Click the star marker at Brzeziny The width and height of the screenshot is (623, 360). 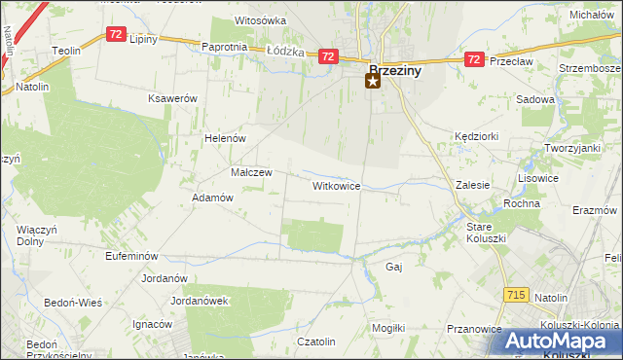373,82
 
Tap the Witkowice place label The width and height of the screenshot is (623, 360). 337,185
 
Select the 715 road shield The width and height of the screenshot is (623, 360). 517,294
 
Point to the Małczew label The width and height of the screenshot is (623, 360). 250,172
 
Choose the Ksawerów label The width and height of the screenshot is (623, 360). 172,99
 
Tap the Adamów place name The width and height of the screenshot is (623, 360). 213,198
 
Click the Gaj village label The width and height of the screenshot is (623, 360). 394,267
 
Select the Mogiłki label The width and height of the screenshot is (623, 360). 387,328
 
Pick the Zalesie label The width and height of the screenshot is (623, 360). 472,185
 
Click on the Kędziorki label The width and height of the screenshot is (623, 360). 476,138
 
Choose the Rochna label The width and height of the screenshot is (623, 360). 522,203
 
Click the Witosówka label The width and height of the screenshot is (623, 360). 260,20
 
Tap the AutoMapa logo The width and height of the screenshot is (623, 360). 562,342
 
